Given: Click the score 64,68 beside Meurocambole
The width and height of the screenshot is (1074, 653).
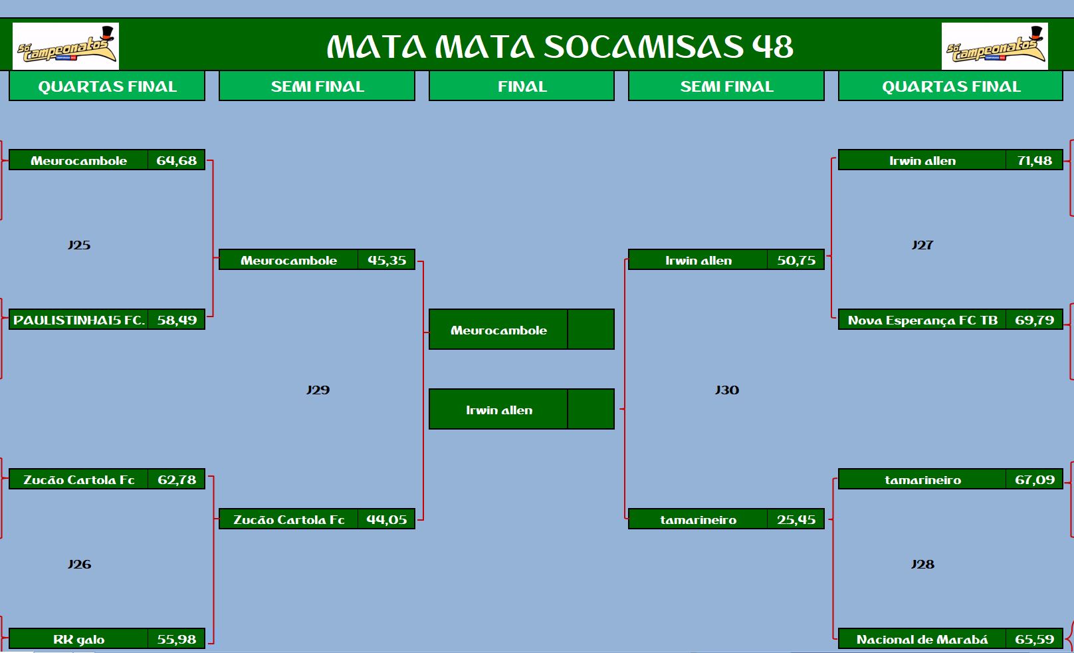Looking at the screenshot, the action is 176,160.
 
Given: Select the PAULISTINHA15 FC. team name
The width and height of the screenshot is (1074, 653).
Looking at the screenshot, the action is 79,320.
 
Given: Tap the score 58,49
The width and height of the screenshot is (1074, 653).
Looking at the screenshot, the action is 177,320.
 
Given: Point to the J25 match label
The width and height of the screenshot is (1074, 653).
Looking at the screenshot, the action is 79,245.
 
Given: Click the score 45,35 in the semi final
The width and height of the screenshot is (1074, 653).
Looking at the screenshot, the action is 387,260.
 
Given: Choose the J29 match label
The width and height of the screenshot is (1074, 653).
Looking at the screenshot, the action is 318,390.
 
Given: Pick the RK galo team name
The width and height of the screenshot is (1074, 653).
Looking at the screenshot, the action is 78,639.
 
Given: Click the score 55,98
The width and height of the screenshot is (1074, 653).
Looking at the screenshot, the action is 177,639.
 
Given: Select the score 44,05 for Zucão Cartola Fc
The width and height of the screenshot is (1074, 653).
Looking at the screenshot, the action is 386,519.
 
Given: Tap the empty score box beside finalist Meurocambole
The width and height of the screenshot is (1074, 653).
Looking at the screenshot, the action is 591,330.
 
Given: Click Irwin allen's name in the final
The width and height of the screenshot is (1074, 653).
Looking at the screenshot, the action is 499,410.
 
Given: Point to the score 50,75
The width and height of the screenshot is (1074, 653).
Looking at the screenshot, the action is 796,260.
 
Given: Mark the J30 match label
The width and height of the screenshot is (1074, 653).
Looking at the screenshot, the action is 727,390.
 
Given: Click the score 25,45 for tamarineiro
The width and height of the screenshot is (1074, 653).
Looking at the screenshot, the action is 796,519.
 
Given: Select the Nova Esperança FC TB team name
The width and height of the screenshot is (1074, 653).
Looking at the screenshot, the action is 922,320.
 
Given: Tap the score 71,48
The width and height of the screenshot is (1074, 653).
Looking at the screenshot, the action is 1035,160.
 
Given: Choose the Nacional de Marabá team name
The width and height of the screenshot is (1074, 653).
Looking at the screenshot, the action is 922,639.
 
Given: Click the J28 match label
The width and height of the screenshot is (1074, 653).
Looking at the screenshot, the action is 923,565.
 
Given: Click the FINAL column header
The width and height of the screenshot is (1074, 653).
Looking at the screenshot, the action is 522,86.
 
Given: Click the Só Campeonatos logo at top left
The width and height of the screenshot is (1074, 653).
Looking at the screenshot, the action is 66,47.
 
